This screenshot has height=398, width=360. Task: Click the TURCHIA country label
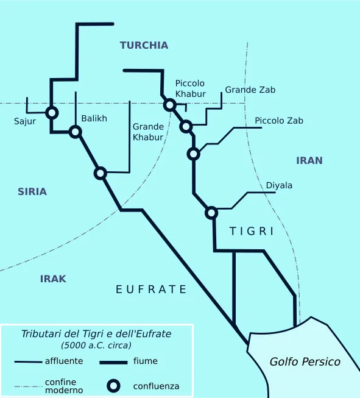tap(144, 45)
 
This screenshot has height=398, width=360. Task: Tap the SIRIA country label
tap(32, 191)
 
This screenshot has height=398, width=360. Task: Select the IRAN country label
tap(309, 161)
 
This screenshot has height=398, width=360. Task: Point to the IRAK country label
tap(53, 279)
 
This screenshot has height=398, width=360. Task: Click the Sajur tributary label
tap(25, 121)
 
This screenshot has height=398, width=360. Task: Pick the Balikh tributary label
tap(94, 118)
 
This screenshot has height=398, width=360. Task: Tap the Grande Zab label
tap(250, 90)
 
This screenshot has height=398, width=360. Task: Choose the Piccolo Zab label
tap(279, 121)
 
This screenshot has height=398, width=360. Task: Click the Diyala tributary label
tap(279, 185)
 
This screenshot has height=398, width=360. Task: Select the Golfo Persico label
tap(305, 362)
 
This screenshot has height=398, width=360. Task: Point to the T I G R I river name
tap(252, 232)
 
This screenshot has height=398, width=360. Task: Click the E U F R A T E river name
tap(151, 290)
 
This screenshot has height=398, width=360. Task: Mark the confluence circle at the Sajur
tap(52, 113)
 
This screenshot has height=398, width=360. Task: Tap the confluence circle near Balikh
tap(75, 132)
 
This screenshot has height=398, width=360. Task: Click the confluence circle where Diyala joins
tap(211, 213)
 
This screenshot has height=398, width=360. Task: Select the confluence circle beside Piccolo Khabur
tap(170, 105)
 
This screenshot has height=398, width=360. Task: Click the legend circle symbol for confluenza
tap(113, 385)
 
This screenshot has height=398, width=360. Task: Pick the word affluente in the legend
tap(64, 361)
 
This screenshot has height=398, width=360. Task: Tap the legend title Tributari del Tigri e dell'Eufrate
tap(96, 334)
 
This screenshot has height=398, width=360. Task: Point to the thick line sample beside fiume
tap(113, 362)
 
